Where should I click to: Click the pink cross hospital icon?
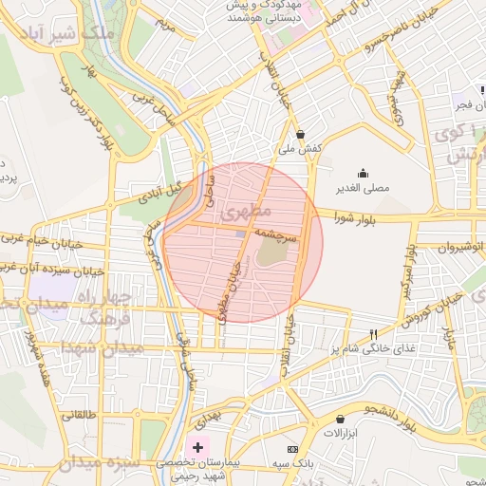(197, 446)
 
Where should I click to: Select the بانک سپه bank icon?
(292, 448)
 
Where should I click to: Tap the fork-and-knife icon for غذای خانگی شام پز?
(374, 334)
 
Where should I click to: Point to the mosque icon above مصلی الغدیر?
(363, 174)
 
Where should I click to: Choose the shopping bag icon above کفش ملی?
(301, 135)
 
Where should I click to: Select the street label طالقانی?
(80, 415)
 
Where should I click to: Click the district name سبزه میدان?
(98, 464)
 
